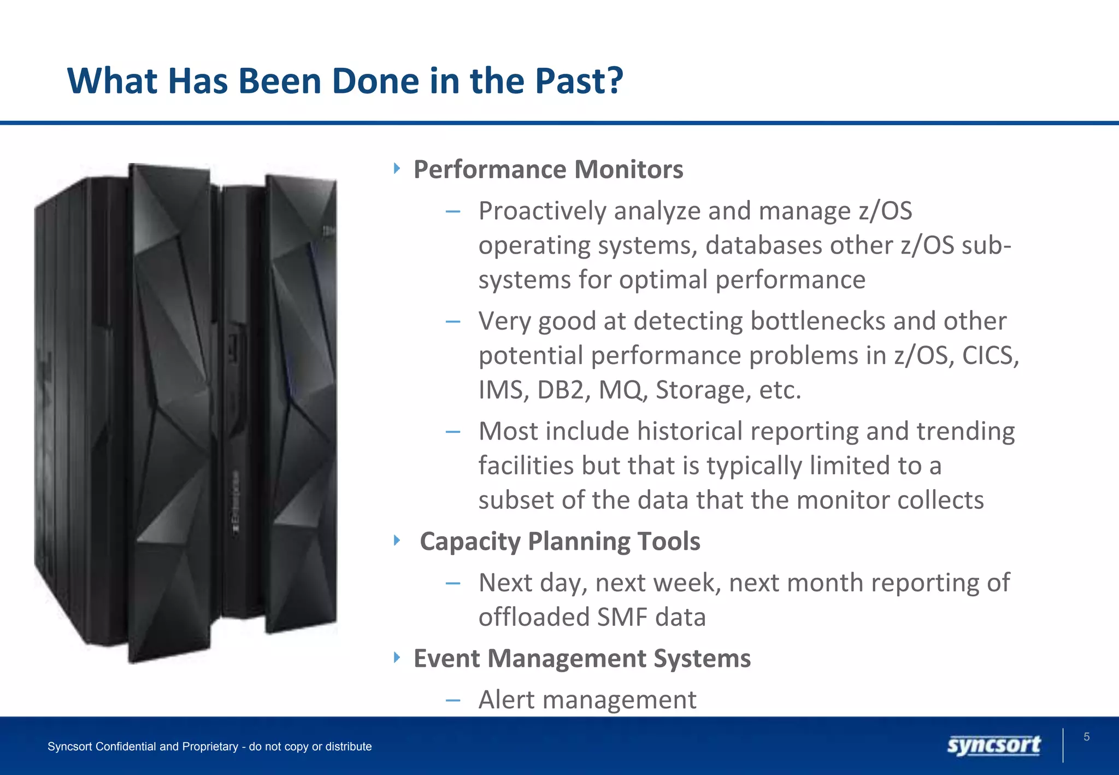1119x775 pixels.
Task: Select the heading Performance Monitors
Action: coord(548,169)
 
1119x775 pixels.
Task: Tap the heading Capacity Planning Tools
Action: coord(559,542)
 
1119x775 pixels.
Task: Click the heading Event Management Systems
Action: coord(582,658)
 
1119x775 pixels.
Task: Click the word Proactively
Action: coord(542,212)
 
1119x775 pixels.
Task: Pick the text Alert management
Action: coord(587,700)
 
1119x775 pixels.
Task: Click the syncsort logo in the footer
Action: coord(993,745)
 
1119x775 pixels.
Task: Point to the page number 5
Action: coord(1086,737)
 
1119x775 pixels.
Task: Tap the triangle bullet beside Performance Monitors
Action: coord(397,168)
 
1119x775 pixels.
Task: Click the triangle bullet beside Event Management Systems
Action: coord(397,657)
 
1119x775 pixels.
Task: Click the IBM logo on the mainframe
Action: coord(329,231)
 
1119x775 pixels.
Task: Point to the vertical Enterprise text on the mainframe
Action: coord(236,503)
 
